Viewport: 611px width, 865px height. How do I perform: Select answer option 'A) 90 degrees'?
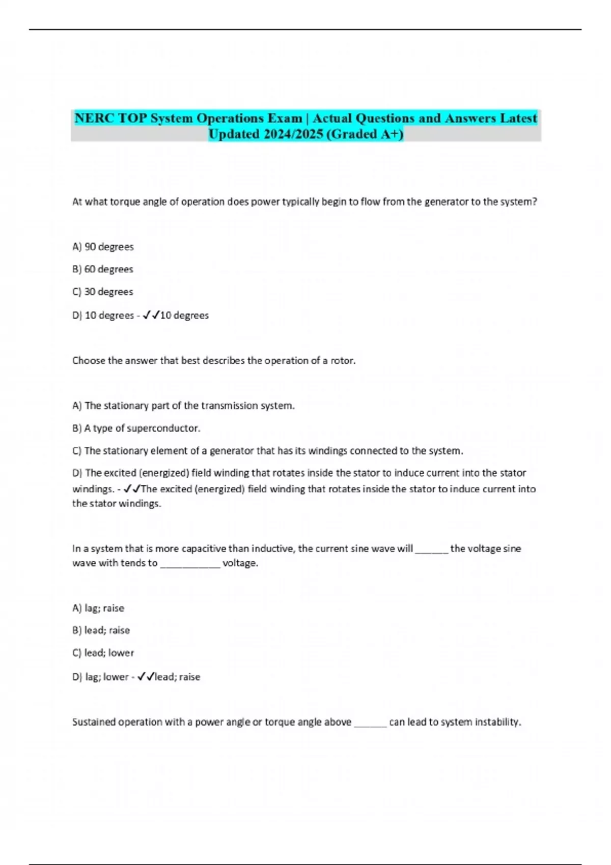pos(103,247)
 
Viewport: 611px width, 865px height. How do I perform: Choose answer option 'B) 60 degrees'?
pos(102,269)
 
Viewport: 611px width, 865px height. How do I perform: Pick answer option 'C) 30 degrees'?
pos(102,292)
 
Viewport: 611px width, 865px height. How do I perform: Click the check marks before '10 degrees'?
pos(151,315)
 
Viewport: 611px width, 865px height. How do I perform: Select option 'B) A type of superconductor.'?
pos(136,428)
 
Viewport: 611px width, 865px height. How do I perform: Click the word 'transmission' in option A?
pos(229,406)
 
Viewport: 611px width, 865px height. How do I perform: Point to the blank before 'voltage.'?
pos(190,563)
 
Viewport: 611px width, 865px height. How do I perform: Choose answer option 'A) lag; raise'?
pos(98,608)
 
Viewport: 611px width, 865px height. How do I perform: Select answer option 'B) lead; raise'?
pos(101,630)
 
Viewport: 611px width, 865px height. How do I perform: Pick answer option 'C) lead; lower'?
pos(103,653)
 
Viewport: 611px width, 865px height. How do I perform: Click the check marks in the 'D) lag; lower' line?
pos(146,677)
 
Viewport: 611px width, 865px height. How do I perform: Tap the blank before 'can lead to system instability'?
pos(370,723)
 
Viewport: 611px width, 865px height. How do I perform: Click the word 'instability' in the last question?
pos(497,722)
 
